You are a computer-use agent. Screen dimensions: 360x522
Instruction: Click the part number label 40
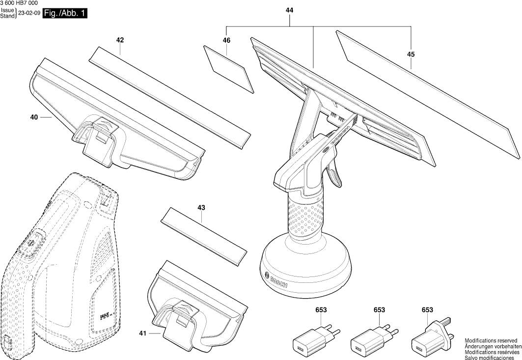(x=34, y=117)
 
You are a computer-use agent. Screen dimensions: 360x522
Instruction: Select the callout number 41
(x=143, y=334)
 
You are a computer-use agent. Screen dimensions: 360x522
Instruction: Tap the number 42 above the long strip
(x=120, y=40)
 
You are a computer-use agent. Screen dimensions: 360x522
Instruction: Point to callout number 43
(x=201, y=208)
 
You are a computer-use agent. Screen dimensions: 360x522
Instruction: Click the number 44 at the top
(x=289, y=9)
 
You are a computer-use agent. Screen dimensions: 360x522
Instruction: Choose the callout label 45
(x=411, y=55)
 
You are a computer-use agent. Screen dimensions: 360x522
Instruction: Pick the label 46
(x=226, y=40)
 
